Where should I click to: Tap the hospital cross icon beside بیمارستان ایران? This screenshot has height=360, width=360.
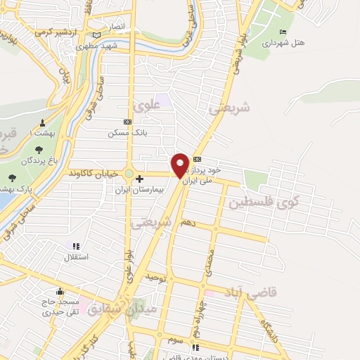coord(140,179)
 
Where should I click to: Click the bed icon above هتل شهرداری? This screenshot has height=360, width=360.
coord(283,32)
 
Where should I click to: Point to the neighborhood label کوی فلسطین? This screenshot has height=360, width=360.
coord(262,203)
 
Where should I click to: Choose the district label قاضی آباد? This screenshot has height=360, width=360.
coord(244,290)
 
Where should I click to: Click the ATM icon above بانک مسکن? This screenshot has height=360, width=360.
coord(127,122)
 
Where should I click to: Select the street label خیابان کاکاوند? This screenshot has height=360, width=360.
coord(95,173)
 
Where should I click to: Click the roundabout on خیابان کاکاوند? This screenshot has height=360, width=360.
coord(129,174)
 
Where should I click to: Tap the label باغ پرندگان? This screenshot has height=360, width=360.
coord(38,161)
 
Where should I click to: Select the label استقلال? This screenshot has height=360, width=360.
coord(76,257)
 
